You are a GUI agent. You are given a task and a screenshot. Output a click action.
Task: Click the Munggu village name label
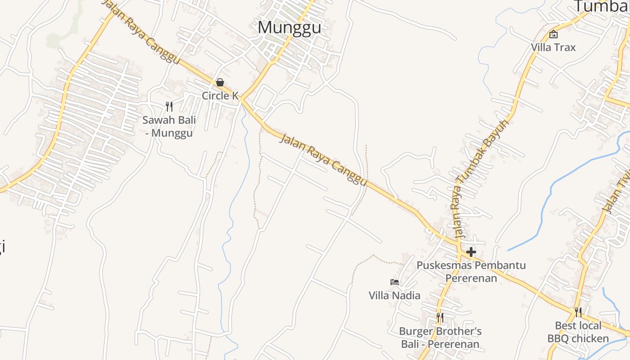(289, 28)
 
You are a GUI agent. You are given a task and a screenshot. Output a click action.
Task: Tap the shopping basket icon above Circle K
(220, 82)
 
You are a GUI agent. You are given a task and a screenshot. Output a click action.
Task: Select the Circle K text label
(220, 95)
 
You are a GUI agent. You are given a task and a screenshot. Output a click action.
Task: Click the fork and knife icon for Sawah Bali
(169, 107)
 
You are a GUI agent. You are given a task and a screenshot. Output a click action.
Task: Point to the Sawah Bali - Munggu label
(169, 126)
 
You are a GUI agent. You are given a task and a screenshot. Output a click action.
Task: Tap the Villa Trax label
(553, 47)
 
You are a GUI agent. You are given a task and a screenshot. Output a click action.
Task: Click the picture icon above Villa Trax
(553, 34)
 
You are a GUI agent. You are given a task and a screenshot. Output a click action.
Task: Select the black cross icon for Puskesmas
(471, 252)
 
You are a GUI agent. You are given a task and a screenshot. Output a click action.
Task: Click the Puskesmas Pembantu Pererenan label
(471, 271)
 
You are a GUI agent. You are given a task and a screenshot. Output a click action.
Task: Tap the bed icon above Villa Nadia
(395, 282)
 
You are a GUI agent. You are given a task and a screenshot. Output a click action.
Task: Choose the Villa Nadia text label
(395, 296)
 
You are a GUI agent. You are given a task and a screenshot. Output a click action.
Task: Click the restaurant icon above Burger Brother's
(440, 318)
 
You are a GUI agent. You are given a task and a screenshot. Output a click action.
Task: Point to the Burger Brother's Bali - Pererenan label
(440, 338)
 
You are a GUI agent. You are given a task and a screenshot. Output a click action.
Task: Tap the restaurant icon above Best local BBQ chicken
(578, 312)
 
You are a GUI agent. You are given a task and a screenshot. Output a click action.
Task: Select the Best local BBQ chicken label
(578, 332)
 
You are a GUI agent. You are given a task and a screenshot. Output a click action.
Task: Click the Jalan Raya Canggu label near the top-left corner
(141, 31)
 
